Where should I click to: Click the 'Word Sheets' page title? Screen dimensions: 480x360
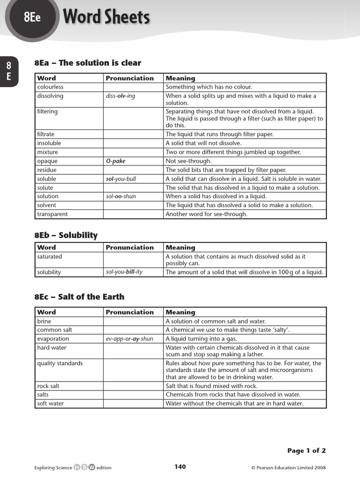tap(106, 17)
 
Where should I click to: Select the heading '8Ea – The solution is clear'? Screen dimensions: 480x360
tap(88, 63)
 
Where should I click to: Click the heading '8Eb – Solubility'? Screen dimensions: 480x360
tap(66, 235)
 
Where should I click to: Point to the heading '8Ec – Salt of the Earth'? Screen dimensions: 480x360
tap(79, 297)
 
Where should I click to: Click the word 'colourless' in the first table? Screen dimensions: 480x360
tap(50, 87)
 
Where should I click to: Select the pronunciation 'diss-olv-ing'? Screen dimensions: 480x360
tap(120, 96)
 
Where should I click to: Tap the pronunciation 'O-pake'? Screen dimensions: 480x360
tap(116, 161)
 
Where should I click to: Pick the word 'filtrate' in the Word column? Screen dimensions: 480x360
tap(45, 135)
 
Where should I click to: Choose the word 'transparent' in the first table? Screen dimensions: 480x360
tap(52, 214)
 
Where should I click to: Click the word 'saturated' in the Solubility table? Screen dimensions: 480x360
tap(50, 257)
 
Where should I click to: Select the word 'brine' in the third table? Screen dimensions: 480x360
tap(44, 322)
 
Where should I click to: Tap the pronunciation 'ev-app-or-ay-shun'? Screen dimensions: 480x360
tap(129, 339)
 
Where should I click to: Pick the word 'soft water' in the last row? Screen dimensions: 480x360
tap(51, 404)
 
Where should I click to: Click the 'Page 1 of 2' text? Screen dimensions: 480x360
tap(306, 450)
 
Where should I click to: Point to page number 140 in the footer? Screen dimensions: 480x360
tap(180, 466)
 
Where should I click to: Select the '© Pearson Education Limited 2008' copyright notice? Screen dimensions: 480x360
tap(288, 467)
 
